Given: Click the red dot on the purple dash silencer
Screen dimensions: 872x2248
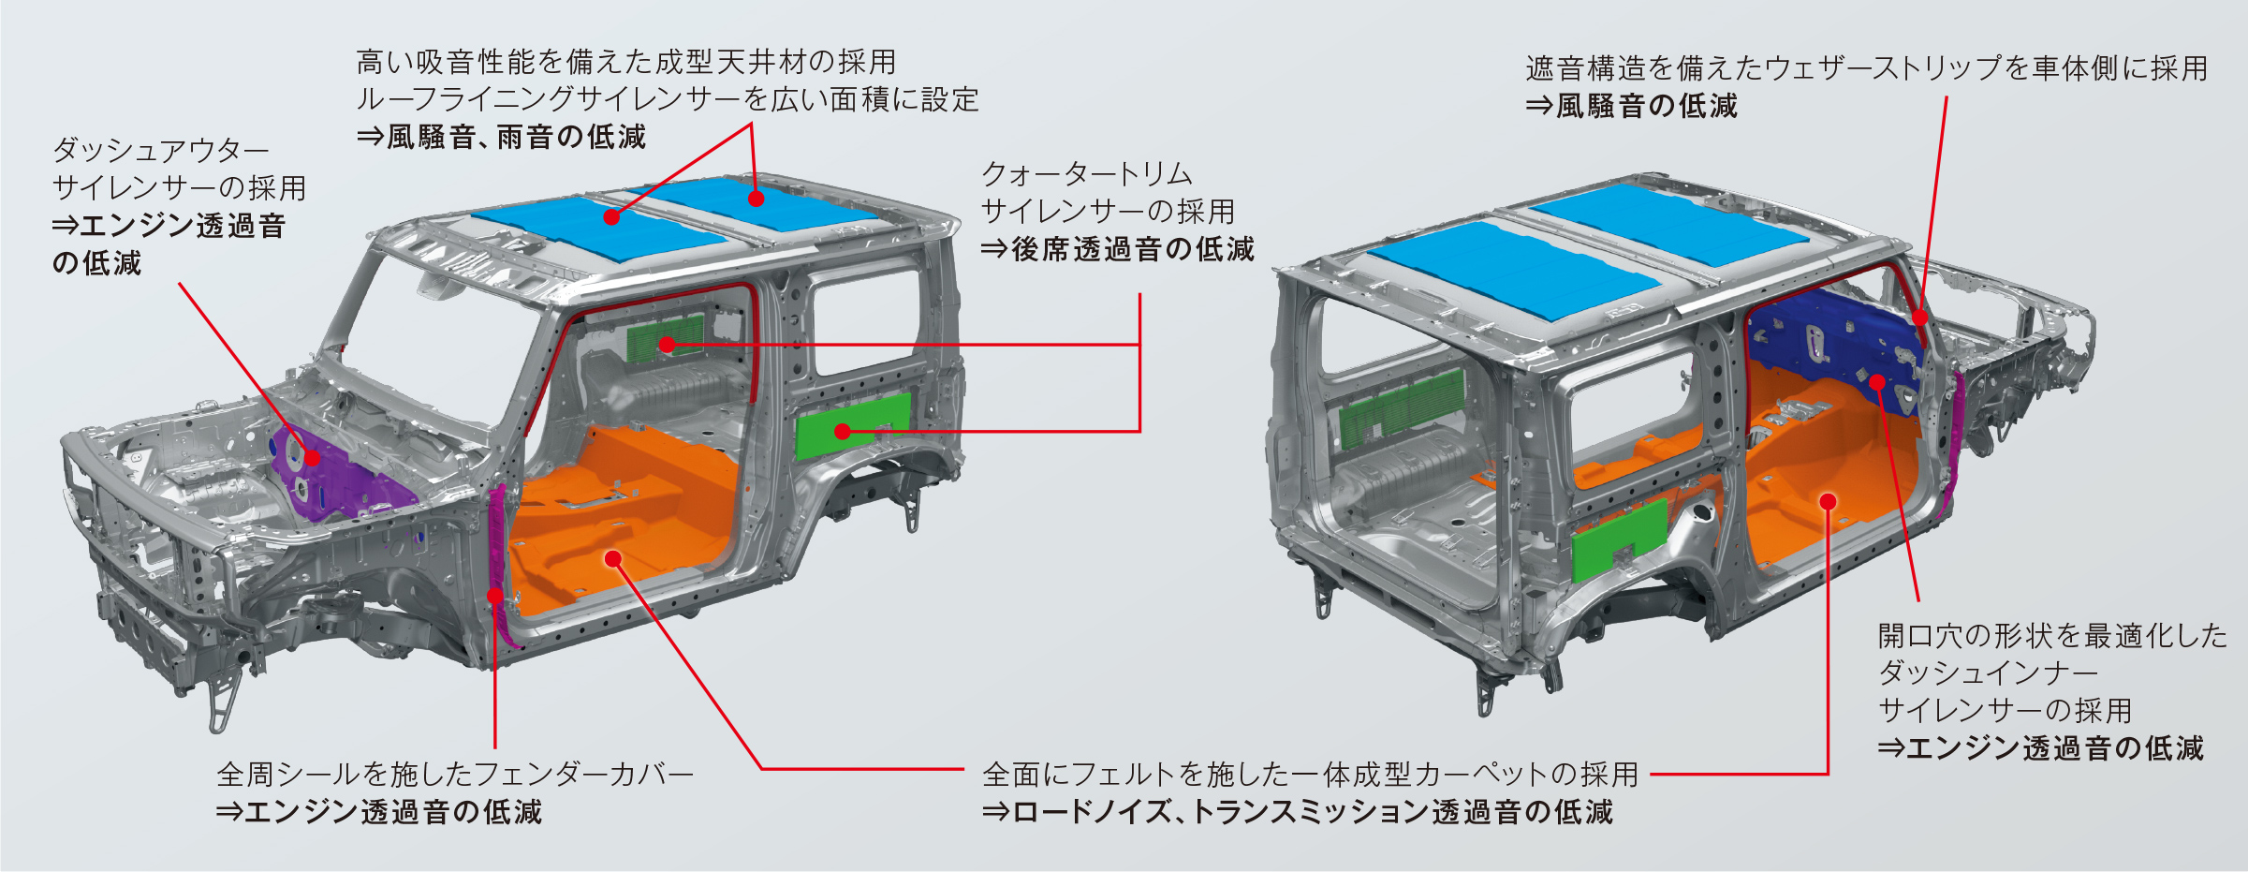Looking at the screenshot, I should point(312,458).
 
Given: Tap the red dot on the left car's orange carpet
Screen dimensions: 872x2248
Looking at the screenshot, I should point(613,559).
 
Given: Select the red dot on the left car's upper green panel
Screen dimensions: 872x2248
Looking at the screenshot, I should point(667,345).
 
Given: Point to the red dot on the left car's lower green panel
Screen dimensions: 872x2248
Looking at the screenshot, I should point(843,432).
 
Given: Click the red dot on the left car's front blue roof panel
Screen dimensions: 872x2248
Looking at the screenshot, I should point(611,217).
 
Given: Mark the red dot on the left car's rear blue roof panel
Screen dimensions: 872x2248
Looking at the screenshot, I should point(756,198).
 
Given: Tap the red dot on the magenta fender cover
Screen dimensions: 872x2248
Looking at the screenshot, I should point(495,596).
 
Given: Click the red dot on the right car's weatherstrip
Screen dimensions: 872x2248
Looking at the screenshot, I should point(1919,318).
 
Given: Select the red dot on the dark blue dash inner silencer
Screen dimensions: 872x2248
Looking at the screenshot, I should point(1877,381).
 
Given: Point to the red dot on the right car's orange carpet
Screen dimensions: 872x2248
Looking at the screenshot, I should point(1828,502).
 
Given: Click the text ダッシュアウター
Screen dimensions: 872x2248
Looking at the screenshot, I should point(161,150).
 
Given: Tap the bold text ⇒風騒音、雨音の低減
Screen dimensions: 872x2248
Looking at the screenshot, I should point(501,138).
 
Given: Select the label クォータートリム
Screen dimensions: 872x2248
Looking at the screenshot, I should point(1087,174).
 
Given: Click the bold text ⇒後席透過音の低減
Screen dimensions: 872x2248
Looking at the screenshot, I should point(1117,249).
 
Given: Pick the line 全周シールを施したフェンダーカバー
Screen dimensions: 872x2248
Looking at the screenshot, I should point(455,775).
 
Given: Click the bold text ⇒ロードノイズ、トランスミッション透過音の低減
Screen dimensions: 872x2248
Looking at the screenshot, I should point(1298,812).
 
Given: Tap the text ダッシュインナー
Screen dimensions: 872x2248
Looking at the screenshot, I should point(1988,673).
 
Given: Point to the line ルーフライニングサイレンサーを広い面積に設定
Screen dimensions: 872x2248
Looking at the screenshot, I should point(668,100).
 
